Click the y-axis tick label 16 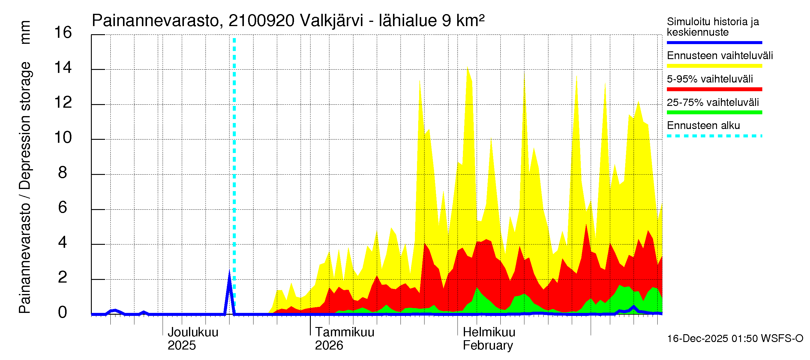(x=63, y=33)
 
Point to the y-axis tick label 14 (x=63, y=67)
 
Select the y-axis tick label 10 (x=63, y=138)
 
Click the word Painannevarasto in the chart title (x=155, y=21)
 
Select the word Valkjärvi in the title (x=331, y=21)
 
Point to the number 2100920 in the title (x=261, y=21)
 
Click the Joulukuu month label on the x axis (x=193, y=332)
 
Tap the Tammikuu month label (x=345, y=332)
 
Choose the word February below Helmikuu (x=488, y=346)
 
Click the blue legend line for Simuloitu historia (x=714, y=42)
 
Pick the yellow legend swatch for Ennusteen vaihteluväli (x=714, y=66)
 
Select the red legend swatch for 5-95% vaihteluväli (x=714, y=89)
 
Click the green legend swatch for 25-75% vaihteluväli (x=714, y=112)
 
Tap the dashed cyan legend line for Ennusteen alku (x=714, y=136)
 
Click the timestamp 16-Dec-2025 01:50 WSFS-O (x=735, y=339)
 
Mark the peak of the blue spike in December (x=229, y=271)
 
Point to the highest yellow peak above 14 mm (x=468, y=67)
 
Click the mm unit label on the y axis (x=25, y=33)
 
